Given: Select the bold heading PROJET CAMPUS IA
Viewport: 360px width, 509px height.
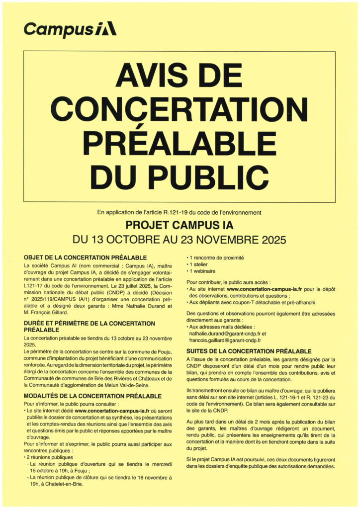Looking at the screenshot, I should coord(180,225).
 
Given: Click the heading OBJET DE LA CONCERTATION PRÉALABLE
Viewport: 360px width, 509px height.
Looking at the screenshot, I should coord(85,257).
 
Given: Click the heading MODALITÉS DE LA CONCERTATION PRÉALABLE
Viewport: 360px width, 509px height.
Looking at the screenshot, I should coord(92,396).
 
